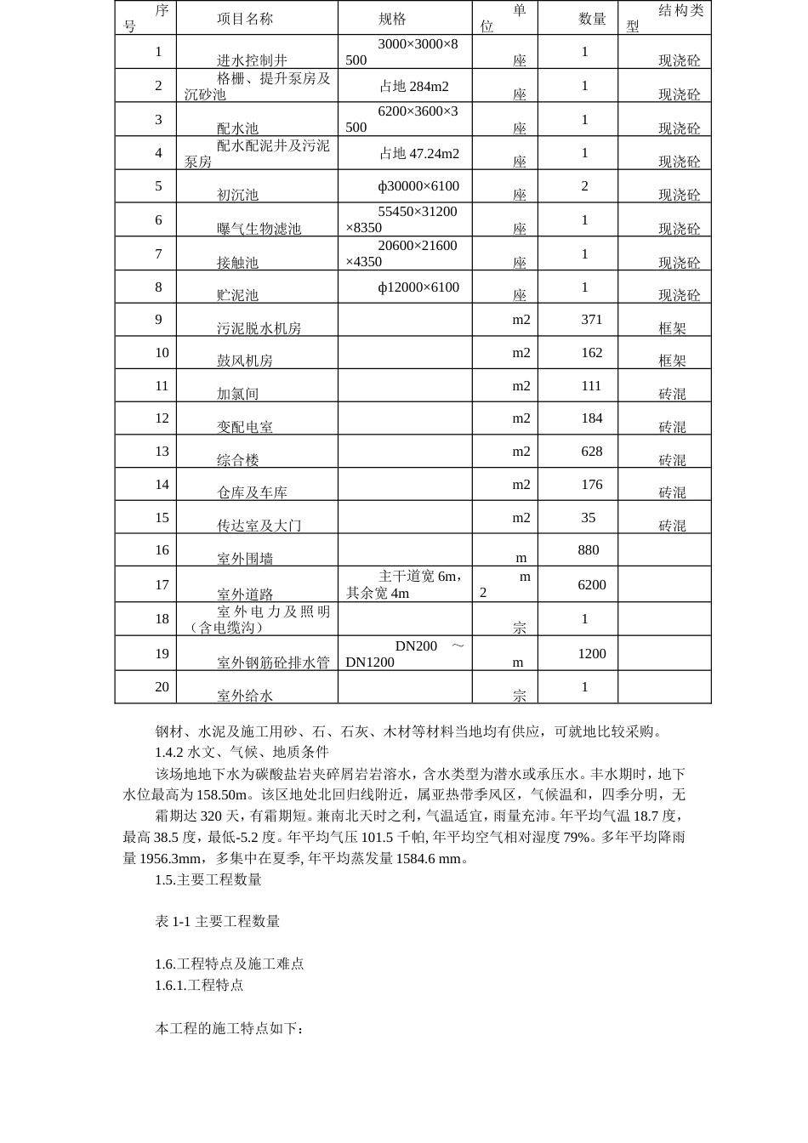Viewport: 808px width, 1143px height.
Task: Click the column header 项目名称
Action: tap(245, 19)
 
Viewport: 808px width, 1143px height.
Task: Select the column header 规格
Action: tap(392, 19)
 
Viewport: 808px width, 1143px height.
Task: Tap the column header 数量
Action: tap(592, 19)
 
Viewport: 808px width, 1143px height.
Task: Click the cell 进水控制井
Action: tap(252, 60)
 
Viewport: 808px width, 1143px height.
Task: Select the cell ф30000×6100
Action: tap(418, 186)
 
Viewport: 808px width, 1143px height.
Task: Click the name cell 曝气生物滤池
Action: tap(259, 229)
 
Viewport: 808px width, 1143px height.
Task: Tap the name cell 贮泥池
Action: tap(237, 295)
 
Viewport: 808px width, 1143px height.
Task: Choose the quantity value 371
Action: tap(591, 320)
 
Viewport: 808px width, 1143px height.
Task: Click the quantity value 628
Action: tap(591, 452)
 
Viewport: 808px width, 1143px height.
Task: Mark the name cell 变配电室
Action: tap(245, 427)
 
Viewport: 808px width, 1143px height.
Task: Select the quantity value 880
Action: tap(589, 550)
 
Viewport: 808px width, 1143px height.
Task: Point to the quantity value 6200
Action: tap(592, 585)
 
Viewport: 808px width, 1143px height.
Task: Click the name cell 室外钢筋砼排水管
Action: tap(273, 662)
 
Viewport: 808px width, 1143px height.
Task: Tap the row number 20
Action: tap(162, 687)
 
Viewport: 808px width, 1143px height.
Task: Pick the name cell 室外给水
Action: tap(245, 696)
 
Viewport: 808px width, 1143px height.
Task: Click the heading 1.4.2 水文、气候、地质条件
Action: tap(242, 752)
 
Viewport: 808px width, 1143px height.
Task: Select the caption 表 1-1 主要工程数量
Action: tap(217, 921)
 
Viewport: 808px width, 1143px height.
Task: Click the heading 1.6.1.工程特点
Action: tap(199, 985)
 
